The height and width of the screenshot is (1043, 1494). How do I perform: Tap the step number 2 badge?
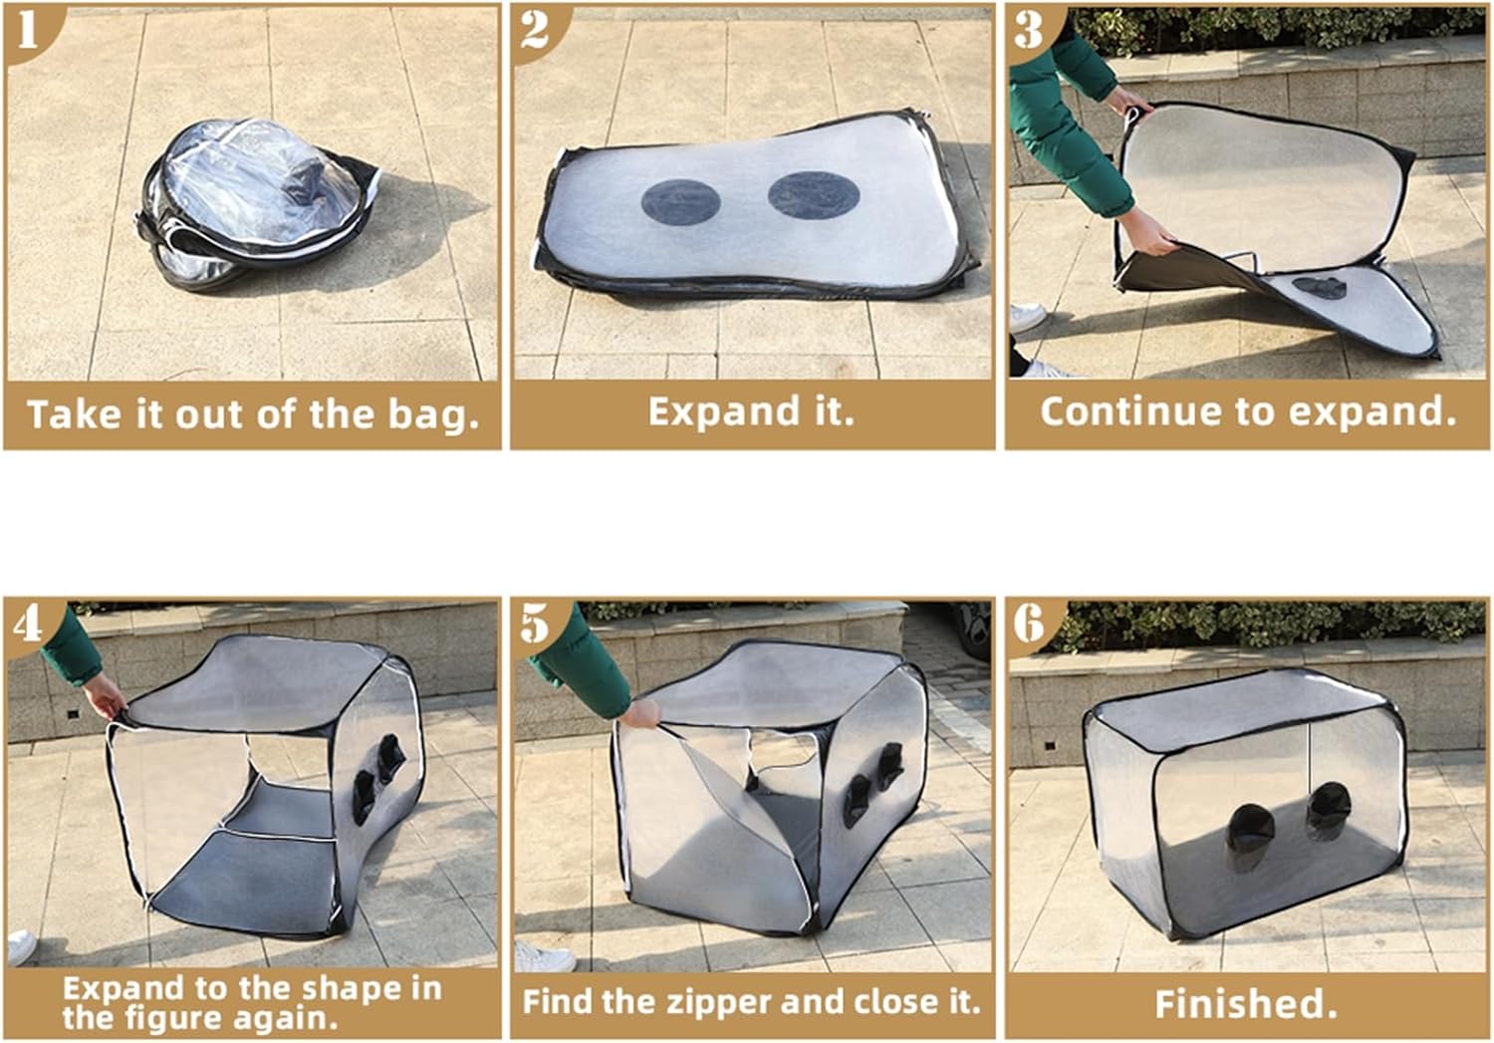pyautogui.click(x=536, y=30)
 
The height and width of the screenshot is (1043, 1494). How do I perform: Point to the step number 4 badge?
pyautogui.click(x=28, y=626)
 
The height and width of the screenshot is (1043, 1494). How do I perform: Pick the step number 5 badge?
pyautogui.click(x=536, y=626)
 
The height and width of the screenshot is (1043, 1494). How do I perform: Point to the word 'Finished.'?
pyautogui.click(x=1246, y=1004)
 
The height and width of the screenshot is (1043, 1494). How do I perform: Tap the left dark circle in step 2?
pyautogui.click(x=681, y=201)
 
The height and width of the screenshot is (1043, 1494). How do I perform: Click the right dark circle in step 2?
pyautogui.click(x=813, y=195)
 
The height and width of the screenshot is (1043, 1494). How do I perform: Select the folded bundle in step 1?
pyautogui.click(x=257, y=204)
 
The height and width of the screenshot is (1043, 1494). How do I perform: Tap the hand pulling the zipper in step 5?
pyautogui.click(x=640, y=713)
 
